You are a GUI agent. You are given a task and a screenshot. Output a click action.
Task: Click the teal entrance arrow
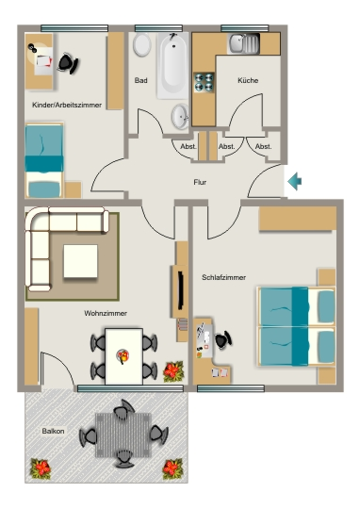[295, 181]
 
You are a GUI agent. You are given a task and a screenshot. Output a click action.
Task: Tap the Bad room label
[140, 80]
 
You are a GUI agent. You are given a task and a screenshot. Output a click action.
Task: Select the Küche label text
[248, 80]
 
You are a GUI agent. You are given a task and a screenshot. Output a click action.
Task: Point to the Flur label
[200, 182]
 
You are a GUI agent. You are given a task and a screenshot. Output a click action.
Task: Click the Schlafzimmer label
[223, 277]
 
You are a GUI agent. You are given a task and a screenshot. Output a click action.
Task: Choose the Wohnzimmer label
[106, 313]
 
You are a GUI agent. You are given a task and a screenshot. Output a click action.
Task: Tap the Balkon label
[53, 431]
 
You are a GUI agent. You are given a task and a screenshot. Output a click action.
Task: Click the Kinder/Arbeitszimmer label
[67, 105]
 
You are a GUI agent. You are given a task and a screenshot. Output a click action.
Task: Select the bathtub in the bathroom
[172, 66]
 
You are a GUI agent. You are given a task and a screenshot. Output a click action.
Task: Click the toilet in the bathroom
[142, 44]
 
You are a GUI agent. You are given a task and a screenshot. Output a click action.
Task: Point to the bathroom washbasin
[180, 116]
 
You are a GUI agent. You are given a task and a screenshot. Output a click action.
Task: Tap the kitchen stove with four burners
[204, 82]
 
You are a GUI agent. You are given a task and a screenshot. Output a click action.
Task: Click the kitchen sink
[244, 43]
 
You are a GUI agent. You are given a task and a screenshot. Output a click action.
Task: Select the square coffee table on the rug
[80, 261]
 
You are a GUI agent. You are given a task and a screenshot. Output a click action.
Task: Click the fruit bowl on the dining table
[123, 356]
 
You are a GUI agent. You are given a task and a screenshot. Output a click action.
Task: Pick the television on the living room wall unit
[181, 291]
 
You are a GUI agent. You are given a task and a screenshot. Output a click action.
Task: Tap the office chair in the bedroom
[223, 340]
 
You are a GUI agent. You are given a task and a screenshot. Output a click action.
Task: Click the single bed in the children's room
[44, 160]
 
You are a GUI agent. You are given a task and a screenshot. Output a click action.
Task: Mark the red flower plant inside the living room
[173, 371]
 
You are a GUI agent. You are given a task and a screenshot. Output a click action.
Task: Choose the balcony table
[123, 435]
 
